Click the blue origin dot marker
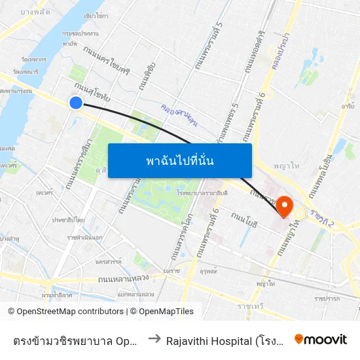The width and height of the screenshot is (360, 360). click(x=76, y=103)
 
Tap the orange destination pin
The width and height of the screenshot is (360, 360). click(x=285, y=206)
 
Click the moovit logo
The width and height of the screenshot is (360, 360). click(x=321, y=339)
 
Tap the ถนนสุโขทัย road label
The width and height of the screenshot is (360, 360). click(x=92, y=91)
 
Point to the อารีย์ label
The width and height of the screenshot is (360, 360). click(x=348, y=105)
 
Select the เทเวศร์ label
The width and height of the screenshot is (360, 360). click(x=45, y=194)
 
